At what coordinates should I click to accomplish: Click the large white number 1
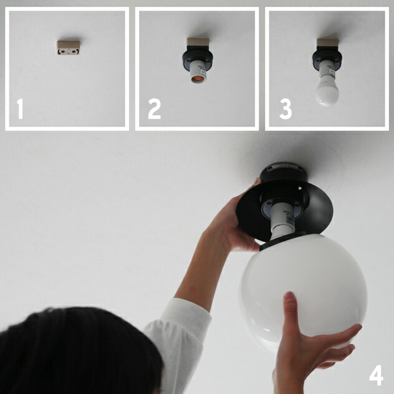pyautogui.click(x=20, y=109)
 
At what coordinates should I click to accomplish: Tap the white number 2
pyautogui.click(x=154, y=109)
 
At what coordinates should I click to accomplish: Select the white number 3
pyautogui.click(x=286, y=109)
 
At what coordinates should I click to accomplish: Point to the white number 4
pyautogui.click(x=376, y=375)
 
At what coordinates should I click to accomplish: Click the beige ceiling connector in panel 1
pyautogui.click(x=69, y=48)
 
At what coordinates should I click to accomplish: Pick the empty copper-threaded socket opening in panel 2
pyautogui.click(x=198, y=79)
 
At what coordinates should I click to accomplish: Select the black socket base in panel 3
pyautogui.click(x=327, y=59)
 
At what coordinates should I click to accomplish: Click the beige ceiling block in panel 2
pyautogui.click(x=198, y=43)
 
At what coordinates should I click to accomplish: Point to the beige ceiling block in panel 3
pyautogui.click(x=327, y=44)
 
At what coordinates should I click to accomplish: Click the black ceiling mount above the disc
pyautogui.click(x=284, y=173)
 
